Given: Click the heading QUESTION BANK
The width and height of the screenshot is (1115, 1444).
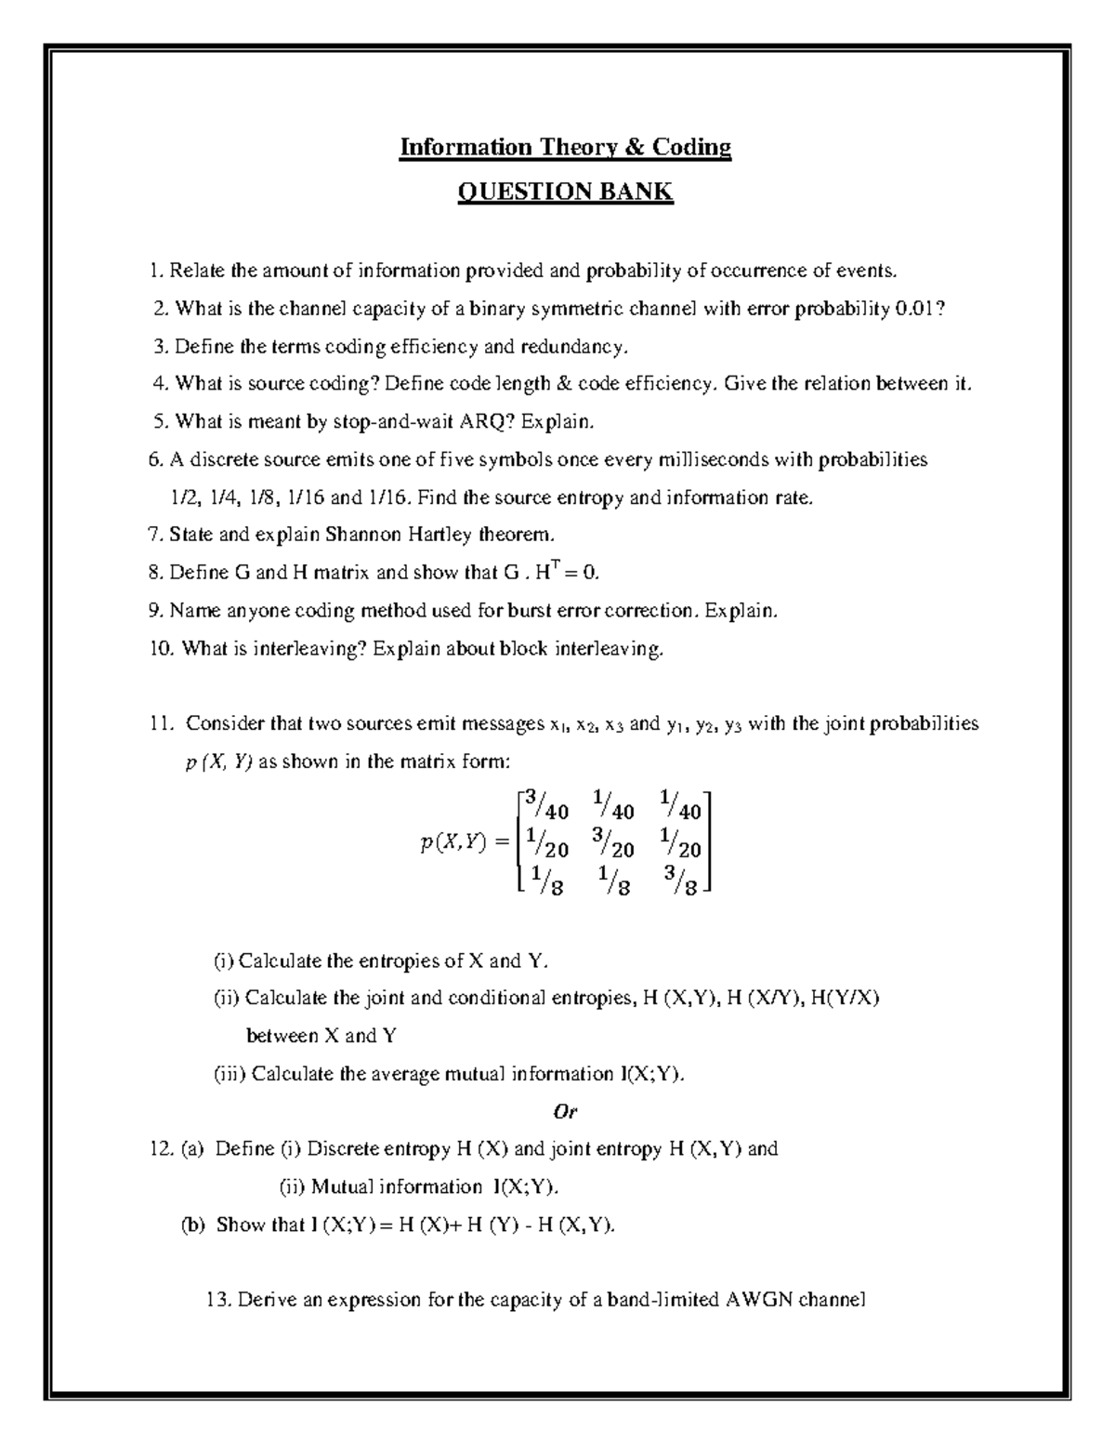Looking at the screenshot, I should point(565,192).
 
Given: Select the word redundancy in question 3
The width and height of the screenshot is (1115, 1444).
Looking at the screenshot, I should point(580,347).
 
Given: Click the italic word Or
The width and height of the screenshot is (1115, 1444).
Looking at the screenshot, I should point(565,1111).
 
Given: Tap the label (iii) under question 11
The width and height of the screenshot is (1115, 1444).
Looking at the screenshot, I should point(229,1074).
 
